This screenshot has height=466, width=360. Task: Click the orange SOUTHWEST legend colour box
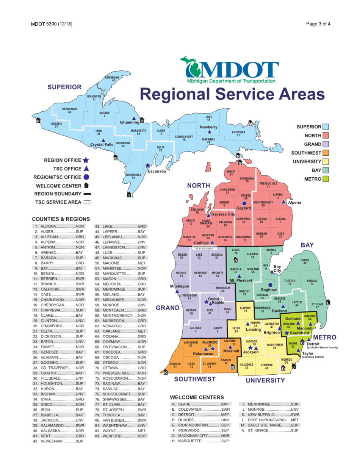326,153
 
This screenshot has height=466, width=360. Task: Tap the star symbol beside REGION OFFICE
86,160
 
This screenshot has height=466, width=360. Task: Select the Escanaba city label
157,171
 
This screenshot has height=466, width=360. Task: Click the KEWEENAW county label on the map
113,78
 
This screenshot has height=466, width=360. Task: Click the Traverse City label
223,214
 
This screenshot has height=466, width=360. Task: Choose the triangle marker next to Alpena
284,202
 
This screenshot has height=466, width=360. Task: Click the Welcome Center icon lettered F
38,121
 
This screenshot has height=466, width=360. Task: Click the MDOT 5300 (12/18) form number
52,24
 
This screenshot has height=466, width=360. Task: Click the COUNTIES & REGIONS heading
61,219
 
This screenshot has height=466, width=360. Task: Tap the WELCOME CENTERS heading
197,397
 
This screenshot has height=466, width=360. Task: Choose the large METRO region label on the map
324,337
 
